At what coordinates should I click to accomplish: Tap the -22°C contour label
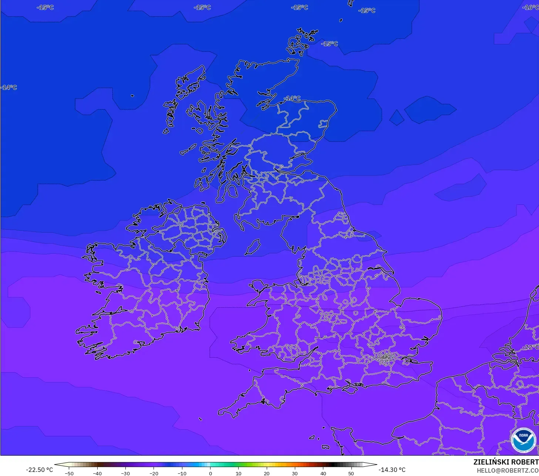[x=531, y=347]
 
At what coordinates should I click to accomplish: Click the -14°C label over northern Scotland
[x=292, y=98]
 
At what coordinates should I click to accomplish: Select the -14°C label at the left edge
[x=9, y=87]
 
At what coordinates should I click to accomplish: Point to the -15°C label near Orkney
[x=330, y=44]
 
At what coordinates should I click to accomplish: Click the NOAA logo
[x=523, y=440]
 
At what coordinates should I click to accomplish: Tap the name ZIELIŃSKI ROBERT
[x=506, y=462]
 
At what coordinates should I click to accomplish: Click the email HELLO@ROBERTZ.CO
[x=507, y=470]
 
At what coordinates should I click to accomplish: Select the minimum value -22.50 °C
[x=39, y=470]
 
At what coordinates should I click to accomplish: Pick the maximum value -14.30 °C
[x=392, y=470]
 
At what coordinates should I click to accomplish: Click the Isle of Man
[x=253, y=247]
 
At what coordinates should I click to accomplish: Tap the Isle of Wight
[x=353, y=388]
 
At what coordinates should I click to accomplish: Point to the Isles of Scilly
[x=200, y=419]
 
